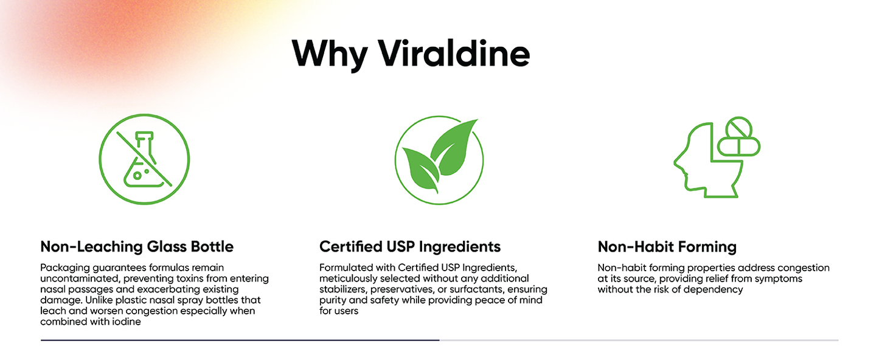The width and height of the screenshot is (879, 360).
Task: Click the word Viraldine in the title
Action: click(x=454, y=54)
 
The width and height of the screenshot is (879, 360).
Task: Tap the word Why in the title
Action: click(x=329, y=55)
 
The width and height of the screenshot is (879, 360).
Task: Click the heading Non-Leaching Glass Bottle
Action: click(x=137, y=247)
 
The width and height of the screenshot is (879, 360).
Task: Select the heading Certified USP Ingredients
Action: click(x=410, y=247)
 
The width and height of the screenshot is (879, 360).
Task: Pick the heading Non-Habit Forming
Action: click(x=667, y=247)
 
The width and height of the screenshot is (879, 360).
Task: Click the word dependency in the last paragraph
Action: click(x=714, y=289)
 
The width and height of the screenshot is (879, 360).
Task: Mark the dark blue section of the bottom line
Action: click(x=240, y=341)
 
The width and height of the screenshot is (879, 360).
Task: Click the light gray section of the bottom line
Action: click(x=639, y=341)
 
